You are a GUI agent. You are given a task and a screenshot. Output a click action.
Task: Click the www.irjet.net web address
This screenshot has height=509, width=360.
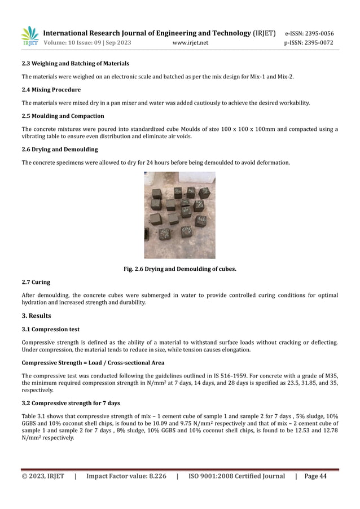(189, 43)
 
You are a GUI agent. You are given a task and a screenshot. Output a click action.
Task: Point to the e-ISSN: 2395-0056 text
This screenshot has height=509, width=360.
(309, 33)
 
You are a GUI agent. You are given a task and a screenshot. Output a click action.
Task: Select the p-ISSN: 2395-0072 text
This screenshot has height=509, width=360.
(309, 43)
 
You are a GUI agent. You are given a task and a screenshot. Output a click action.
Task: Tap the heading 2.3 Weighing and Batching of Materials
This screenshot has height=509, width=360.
(75, 64)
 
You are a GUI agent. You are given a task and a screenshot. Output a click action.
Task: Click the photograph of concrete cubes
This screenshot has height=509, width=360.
(179, 215)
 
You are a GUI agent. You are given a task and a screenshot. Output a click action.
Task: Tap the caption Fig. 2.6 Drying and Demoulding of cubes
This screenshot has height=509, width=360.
(179, 269)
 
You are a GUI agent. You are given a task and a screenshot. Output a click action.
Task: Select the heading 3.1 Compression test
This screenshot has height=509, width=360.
(50, 329)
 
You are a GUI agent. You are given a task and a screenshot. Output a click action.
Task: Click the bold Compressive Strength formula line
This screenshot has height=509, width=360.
(93, 362)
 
